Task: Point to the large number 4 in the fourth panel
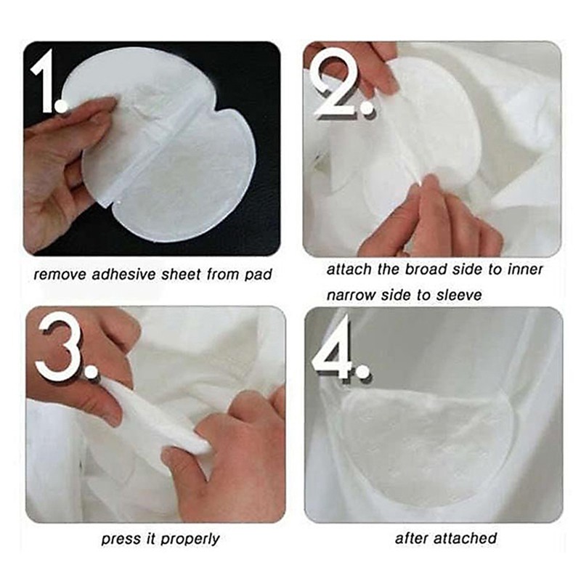pos(338,348)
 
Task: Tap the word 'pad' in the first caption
pos(259,275)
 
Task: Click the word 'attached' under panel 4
pos(470,538)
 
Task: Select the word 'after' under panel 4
pos(411,538)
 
